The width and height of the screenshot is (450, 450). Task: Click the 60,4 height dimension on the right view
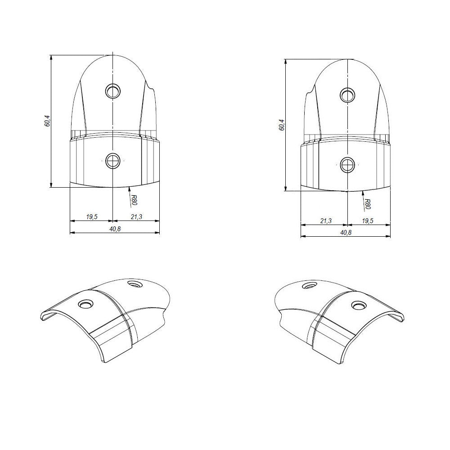click(281, 125)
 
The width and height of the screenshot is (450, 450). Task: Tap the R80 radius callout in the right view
click(367, 203)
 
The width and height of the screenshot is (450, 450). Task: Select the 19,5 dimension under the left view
click(91, 217)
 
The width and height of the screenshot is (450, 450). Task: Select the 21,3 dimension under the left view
click(136, 217)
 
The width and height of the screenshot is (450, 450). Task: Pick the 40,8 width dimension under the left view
click(115, 229)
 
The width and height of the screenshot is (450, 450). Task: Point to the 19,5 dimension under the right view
click(368, 220)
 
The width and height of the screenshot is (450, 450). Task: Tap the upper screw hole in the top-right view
click(346, 94)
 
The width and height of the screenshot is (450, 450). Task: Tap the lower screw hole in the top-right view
click(347, 165)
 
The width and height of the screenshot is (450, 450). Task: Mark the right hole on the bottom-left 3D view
click(134, 283)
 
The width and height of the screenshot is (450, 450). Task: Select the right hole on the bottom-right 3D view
click(358, 306)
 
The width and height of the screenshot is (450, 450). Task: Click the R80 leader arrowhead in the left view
click(129, 187)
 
